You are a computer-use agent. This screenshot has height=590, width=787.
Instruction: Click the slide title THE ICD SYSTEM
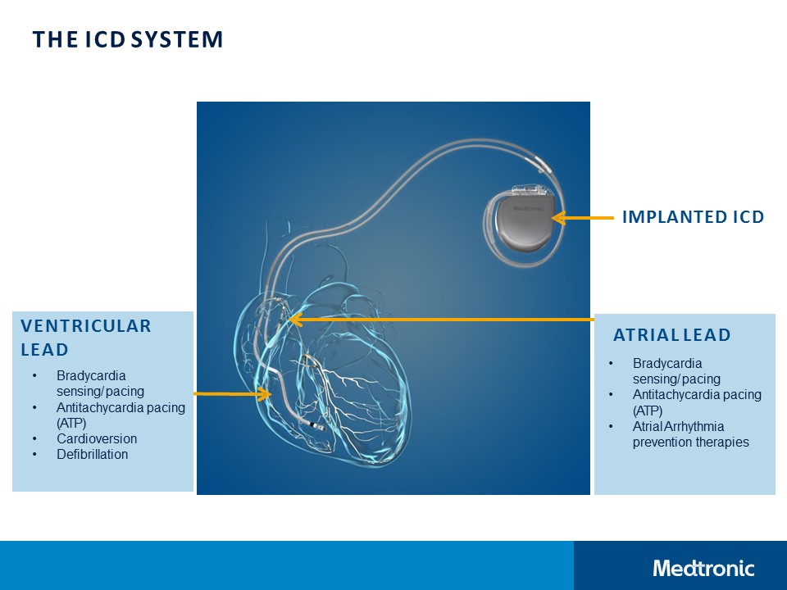pyautogui.click(x=127, y=39)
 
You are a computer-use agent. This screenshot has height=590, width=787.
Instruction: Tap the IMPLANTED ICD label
pyautogui.click(x=693, y=217)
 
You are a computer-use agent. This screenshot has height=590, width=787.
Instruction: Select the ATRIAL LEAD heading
pyautogui.click(x=672, y=335)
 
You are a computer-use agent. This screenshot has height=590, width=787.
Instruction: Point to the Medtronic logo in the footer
pyautogui.click(x=703, y=568)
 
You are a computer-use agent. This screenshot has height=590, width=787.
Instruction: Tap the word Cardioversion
pyautogui.click(x=97, y=438)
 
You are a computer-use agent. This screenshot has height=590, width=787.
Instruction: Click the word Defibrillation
pyautogui.click(x=92, y=454)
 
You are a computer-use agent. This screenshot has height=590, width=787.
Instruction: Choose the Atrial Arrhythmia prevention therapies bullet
pyautogui.click(x=690, y=434)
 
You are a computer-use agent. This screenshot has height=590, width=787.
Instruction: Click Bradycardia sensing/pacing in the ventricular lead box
pyautogui.click(x=100, y=383)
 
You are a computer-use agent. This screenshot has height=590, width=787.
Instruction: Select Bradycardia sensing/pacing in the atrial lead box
pyautogui.click(x=676, y=370)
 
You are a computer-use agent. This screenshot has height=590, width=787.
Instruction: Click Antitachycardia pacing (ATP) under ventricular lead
pyautogui.click(x=120, y=415)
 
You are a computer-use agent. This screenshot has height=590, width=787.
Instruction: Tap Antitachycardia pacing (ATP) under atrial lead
pyautogui.click(x=696, y=402)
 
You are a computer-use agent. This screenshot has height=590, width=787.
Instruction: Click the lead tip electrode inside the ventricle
pyautogui.click(x=316, y=425)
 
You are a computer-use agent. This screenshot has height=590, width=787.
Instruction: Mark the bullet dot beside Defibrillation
pyautogui.click(x=34, y=454)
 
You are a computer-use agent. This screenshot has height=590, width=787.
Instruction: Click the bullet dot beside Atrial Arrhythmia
pyautogui.click(x=611, y=426)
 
